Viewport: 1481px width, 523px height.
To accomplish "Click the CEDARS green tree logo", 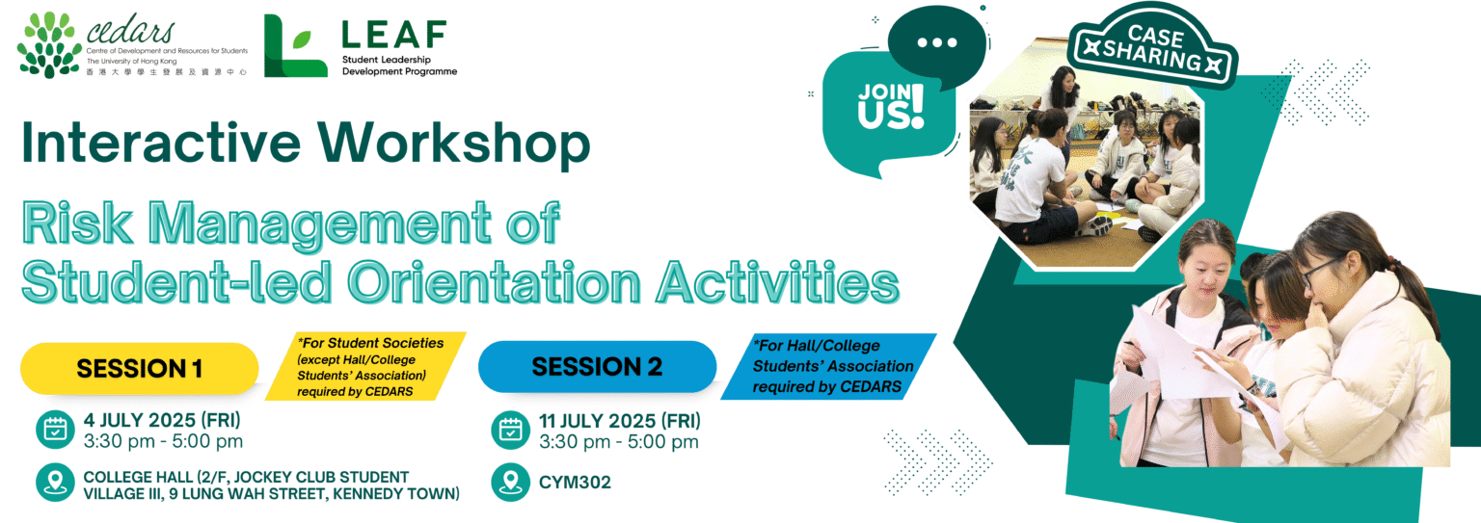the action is point(49,44).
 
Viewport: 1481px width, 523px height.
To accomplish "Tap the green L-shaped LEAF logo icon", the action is point(296,45).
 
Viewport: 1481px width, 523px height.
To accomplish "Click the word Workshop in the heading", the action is point(453,144).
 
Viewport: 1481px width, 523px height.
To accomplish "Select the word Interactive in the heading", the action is point(161,143).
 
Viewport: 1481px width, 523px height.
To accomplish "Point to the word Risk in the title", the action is point(77,223).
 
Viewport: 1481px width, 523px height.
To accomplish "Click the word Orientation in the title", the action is point(494,282).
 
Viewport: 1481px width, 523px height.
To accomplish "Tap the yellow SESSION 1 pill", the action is point(140,369).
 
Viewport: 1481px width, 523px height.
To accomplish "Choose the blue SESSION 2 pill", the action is point(597,367).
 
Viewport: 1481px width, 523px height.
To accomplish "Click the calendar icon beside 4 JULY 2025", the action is point(55,430).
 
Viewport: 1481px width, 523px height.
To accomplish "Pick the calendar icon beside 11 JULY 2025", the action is point(510,431).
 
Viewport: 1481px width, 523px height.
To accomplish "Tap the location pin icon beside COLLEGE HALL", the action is point(55,482).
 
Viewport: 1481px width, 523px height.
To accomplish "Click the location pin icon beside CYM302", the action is point(510,482).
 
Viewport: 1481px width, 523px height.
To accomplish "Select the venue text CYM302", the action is point(575,483).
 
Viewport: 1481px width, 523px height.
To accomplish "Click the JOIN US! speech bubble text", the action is point(891,106).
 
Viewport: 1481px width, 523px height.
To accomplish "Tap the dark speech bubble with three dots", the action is point(937,47).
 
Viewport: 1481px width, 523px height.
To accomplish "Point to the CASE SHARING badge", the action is point(1153,47).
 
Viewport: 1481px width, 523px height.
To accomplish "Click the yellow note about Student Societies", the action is point(365,367).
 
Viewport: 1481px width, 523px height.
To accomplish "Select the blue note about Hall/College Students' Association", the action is point(828,366).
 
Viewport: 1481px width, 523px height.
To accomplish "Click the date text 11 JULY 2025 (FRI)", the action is point(620,421).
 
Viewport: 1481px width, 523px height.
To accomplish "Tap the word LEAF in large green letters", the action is point(394,35).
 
